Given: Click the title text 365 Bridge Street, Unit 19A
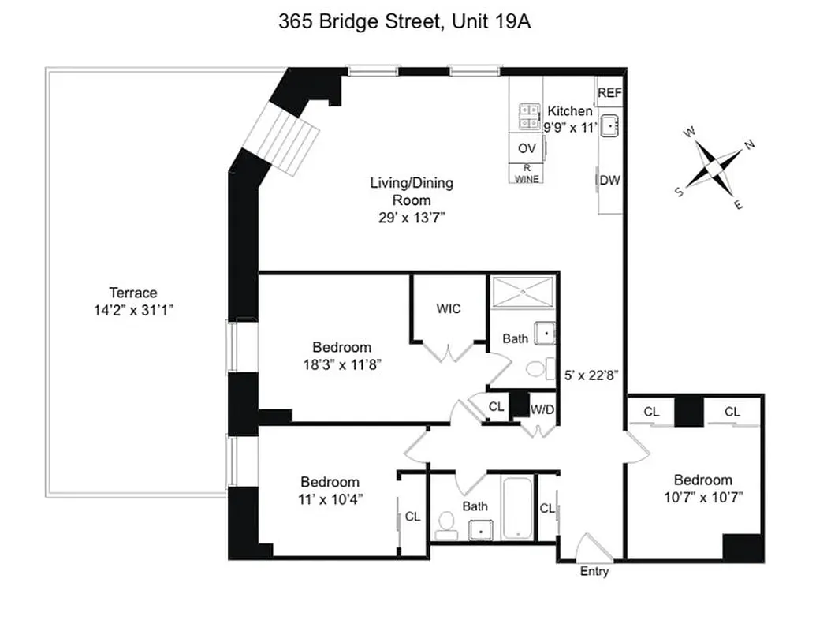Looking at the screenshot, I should click(404, 21).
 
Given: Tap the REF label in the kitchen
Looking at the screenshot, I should click(609, 93).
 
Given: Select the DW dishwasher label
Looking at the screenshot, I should click(609, 180).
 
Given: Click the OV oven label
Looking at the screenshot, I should click(527, 147).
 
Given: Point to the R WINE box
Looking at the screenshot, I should click(527, 174).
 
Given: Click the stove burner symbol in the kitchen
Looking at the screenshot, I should click(527, 118).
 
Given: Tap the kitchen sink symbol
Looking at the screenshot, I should click(610, 125).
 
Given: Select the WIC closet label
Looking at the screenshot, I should click(449, 308).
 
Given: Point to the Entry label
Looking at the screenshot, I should click(594, 571).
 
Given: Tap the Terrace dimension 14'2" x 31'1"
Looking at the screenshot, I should click(133, 310).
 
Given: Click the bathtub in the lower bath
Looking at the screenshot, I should click(517, 508).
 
